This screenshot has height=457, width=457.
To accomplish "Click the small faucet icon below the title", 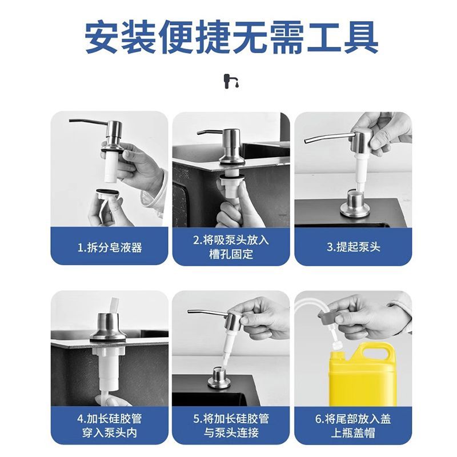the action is pyautogui.click(x=231, y=81).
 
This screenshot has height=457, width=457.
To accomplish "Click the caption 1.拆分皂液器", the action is pyautogui.click(x=110, y=248).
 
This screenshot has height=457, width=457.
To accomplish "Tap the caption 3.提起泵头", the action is pyautogui.click(x=353, y=247).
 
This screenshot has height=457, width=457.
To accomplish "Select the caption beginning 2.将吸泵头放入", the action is pyautogui.click(x=231, y=247).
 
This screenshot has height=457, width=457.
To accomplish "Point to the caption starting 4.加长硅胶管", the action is pyautogui.click(x=110, y=426).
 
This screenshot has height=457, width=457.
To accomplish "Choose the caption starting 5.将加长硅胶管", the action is pyautogui.click(x=231, y=426).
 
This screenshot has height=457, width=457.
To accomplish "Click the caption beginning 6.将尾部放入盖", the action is pyautogui.click(x=353, y=426).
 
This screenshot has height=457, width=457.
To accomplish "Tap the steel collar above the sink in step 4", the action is pyautogui.click(x=108, y=327).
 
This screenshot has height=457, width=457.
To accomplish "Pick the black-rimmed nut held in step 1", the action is pyautogui.click(x=108, y=193).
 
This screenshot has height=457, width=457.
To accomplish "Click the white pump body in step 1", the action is pyautogui.click(x=110, y=168).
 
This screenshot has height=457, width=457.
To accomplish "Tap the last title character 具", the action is pyautogui.click(x=361, y=37).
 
